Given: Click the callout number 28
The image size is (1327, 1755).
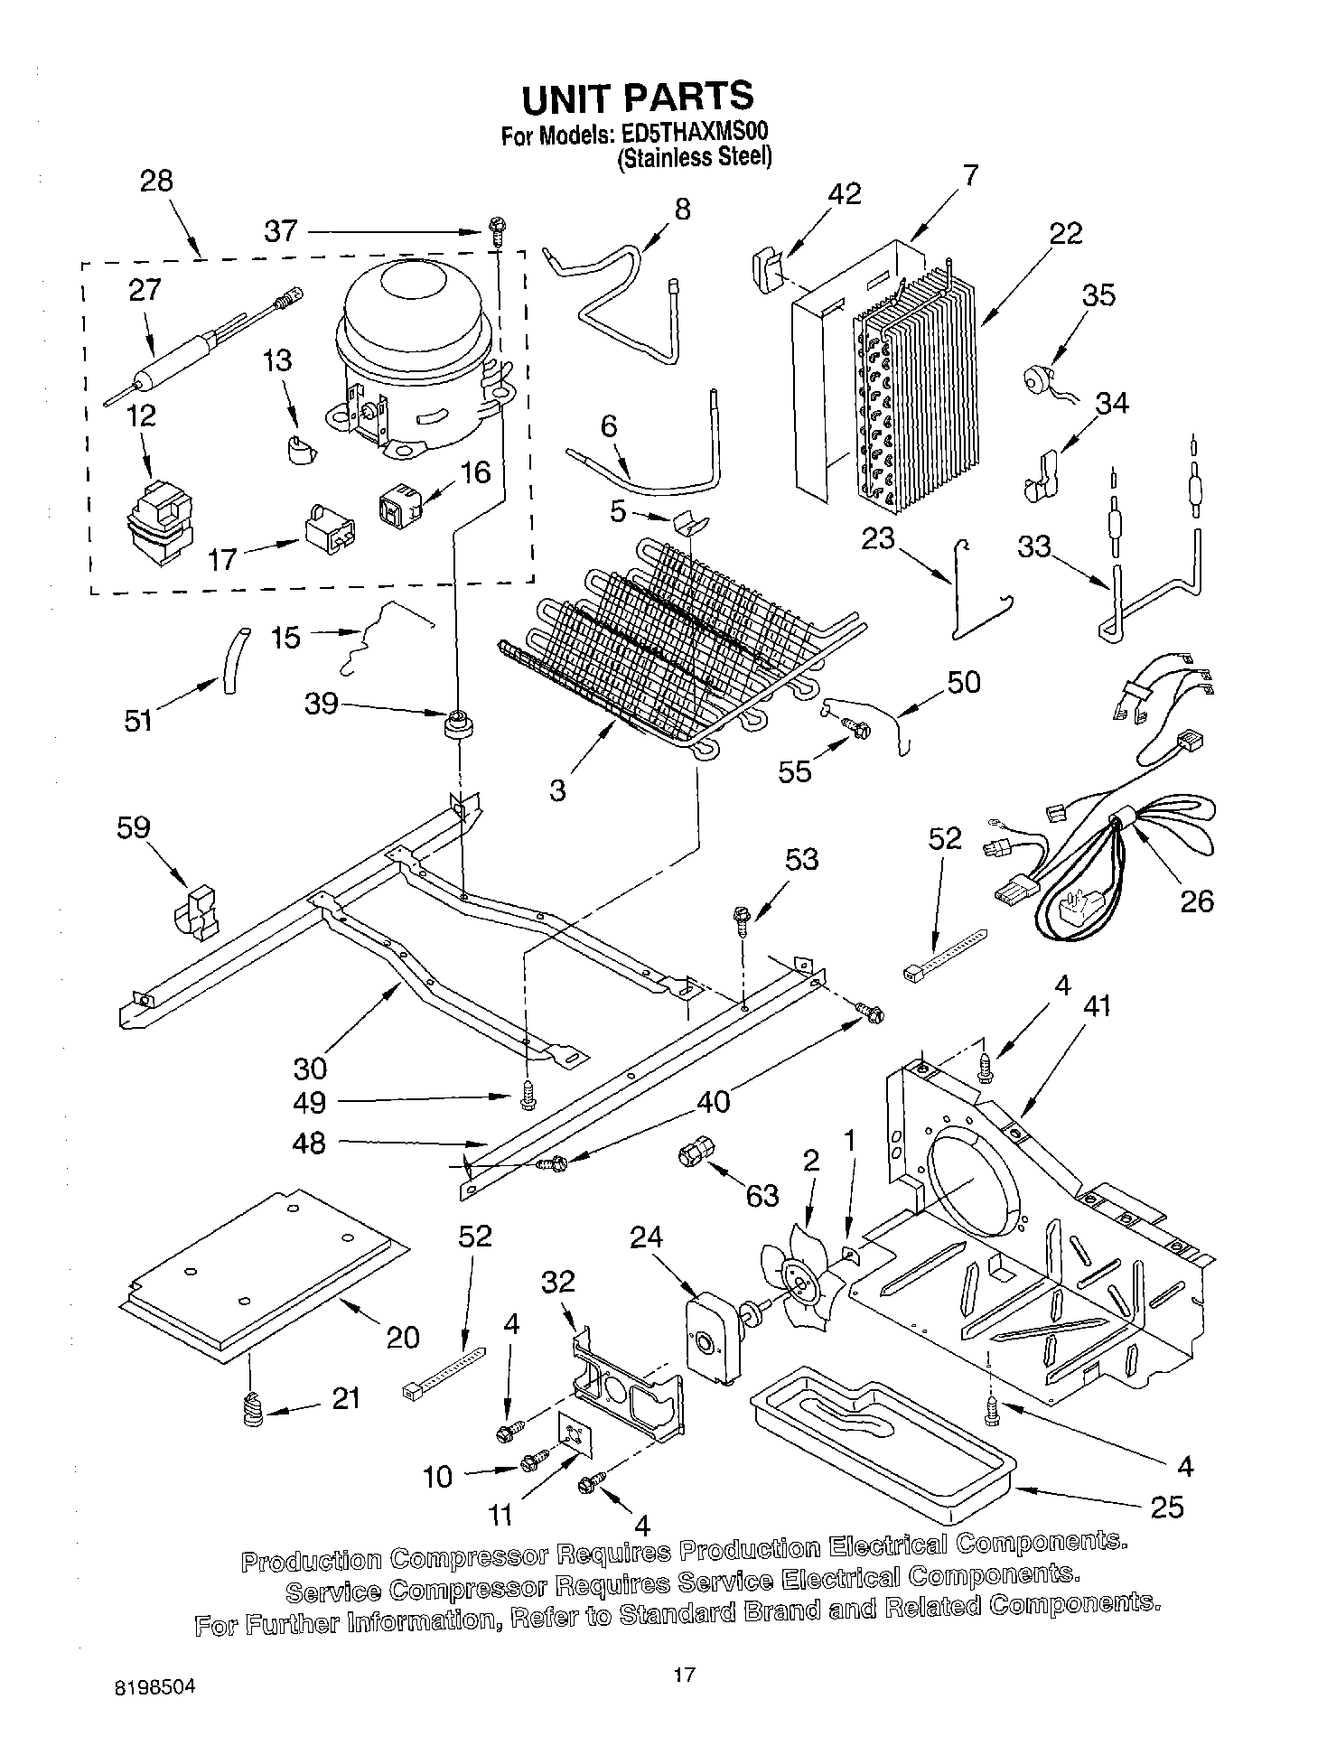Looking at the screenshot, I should coord(155,181).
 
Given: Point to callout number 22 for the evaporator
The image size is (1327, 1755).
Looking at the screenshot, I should coord(1065,233).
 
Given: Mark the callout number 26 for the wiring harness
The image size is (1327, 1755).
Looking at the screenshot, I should coord(1196,901).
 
